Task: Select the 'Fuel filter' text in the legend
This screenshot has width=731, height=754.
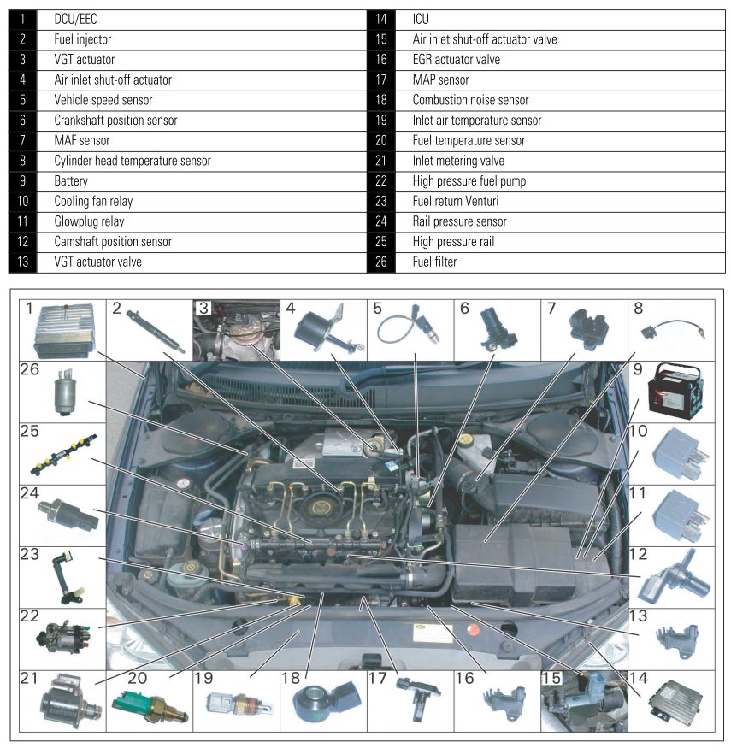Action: click(x=434, y=262)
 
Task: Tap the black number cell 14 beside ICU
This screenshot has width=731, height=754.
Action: click(x=380, y=19)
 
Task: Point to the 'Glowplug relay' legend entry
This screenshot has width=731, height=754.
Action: click(x=89, y=221)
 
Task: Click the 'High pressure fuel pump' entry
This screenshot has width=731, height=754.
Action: click(x=469, y=181)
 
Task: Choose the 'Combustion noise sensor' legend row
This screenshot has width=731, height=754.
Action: click(x=470, y=100)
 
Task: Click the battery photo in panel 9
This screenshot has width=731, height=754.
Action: click(x=679, y=392)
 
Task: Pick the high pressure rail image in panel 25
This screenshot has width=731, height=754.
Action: click(x=60, y=449)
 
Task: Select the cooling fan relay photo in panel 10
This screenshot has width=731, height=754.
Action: click(x=679, y=452)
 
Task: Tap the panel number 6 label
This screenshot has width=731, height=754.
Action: click(x=465, y=309)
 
